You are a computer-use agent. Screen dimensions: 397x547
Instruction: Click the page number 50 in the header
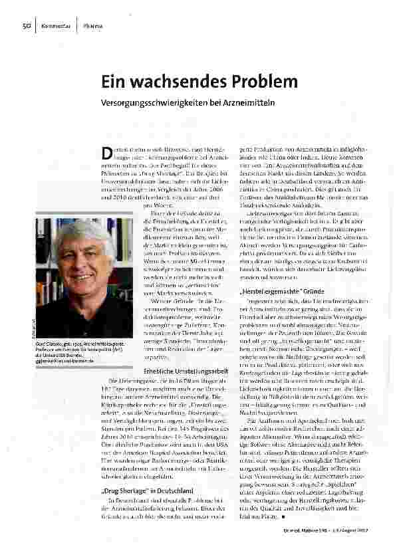tap(27, 26)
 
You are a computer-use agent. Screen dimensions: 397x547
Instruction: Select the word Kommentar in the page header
tap(57, 26)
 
